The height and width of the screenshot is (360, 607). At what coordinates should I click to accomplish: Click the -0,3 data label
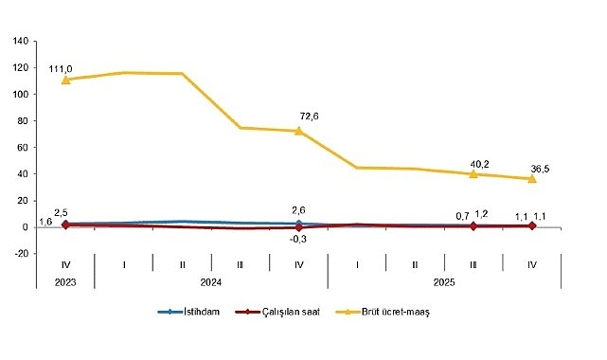coord(299,239)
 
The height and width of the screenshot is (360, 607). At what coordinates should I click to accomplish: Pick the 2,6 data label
coord(299,210)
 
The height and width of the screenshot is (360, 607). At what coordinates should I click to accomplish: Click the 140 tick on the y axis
coord(20,42)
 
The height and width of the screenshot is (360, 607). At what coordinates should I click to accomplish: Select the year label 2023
coord(65,282)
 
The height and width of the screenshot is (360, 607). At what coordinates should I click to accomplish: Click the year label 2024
coord(210,282)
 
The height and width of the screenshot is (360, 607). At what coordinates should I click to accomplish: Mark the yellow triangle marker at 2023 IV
coord(65,80)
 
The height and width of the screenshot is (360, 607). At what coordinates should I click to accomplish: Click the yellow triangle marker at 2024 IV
coord(299,131)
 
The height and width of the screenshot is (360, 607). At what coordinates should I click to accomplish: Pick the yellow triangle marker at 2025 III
coord(473,173)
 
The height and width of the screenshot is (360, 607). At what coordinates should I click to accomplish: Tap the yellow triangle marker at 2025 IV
coord(532,178)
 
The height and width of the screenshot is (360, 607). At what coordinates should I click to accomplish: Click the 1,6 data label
coord(20,221)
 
